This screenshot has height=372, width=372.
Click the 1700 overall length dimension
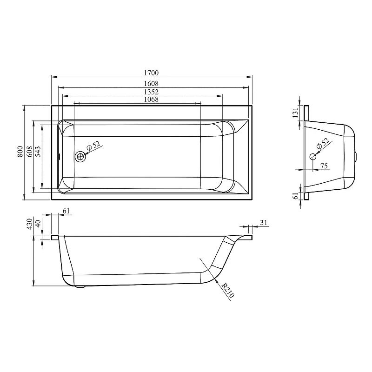pyautogui.click(x=152, y=73)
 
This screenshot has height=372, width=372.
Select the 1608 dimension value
pyautogui.click(x=152, y=84)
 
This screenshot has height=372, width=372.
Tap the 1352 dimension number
pyautogui.click(x=152, y=92)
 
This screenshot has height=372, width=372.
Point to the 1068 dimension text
pyautogui.click(x=152, y=99)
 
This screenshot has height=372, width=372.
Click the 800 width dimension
pyautogui.click(x=20, y=152)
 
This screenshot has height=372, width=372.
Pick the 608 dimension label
pyautogui.click(x=29, y=152)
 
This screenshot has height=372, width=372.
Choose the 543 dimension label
pyautogui.click(x=38, y=152)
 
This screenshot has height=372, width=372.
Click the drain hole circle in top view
pyautogui.click(x=80, y=157)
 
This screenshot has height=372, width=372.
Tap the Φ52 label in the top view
pyautogui.click(x=94, y=146)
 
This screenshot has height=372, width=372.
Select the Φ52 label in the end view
pyautogui.click(x=323, y=144)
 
